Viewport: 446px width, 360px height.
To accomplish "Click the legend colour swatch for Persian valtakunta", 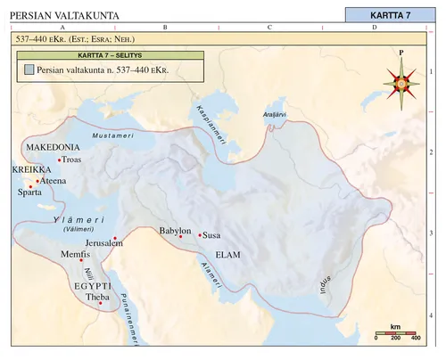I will click(x=29, y=69).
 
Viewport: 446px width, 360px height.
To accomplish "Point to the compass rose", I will click(x=401, y=84).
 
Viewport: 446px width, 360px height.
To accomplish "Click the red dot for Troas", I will click(x=59, y=160).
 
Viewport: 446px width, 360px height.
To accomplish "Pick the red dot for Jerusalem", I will click(x=114, y=238).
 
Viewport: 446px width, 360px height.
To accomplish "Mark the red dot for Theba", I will click(x=100, y=304).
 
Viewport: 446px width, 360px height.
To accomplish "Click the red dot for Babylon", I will click(x=180, y=237).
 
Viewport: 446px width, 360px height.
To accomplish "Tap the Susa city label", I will click(x=212, y=236).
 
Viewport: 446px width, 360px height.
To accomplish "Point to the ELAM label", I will click(x=228, y=254).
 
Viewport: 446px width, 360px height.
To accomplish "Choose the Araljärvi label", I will click(x=275, y=115).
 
